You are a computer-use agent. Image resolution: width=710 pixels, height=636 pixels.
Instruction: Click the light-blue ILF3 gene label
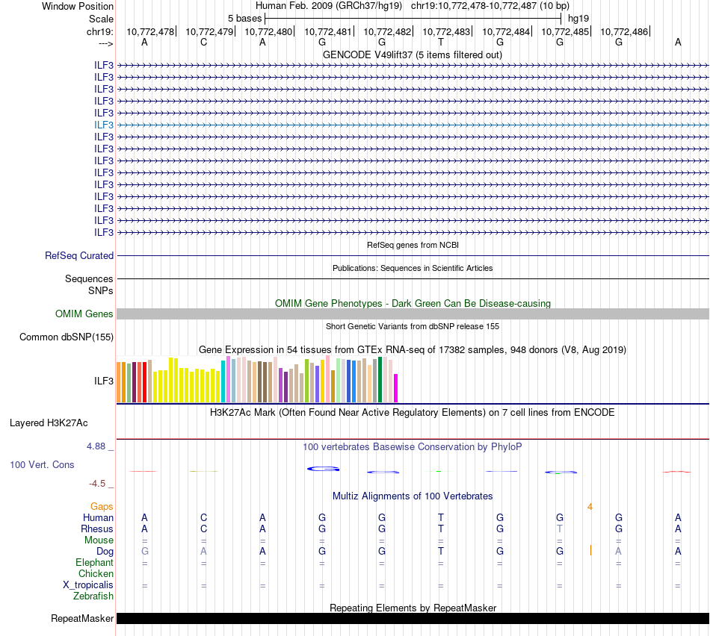[104, 125]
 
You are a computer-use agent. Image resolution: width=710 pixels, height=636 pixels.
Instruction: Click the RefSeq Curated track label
[79, 255]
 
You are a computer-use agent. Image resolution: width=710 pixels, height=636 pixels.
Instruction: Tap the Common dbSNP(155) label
[67, 337]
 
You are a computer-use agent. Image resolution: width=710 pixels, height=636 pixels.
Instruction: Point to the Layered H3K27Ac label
[49, 423]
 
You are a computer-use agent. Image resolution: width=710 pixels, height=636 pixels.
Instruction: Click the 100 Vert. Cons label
[42, 464]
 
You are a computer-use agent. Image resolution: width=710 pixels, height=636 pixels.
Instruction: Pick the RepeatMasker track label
[82, 618]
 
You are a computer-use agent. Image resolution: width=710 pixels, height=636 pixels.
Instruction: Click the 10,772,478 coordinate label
[149, 31]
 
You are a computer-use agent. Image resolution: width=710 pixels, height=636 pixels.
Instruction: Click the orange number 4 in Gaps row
[590, 507]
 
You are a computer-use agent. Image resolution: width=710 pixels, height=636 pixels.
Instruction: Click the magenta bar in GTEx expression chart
[396, 387]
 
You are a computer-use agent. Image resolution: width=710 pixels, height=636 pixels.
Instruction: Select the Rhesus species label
[97, 529]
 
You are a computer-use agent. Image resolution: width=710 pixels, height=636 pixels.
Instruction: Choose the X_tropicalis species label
[88, 584]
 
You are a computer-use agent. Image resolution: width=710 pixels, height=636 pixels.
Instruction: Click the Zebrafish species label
[93, 596]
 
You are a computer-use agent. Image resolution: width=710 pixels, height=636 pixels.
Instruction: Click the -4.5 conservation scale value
[100, 483]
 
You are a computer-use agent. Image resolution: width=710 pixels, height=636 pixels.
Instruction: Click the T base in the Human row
[441, 517]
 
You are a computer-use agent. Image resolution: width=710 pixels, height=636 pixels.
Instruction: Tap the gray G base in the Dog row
[145, 551]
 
